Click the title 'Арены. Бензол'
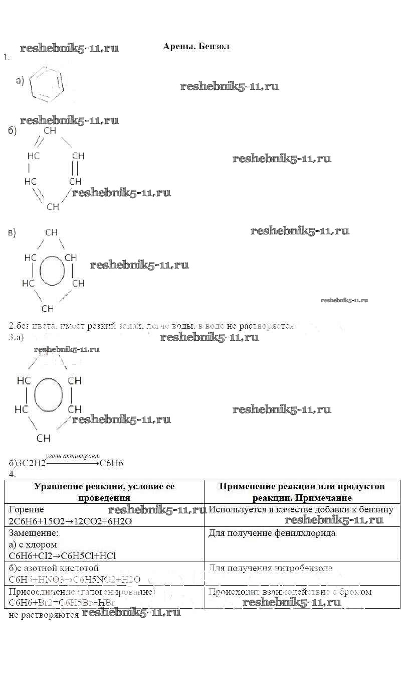[x=196, y=46]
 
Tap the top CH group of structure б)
[x=50, y=130]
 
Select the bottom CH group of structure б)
[x=53, y=207]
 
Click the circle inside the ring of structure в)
[x=52, y=270]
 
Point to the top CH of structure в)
[x=51, y=232]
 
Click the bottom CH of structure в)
[x=48, y=309]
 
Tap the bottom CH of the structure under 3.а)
[x=44, y=438]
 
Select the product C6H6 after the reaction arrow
[x=111, y=463]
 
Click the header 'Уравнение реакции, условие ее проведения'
[x=104, y=492]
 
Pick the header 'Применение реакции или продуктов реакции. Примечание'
[x=302, y=492]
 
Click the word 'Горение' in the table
[x=26, y=509]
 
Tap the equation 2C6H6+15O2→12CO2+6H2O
[x=70, y=521]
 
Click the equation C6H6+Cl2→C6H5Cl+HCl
[x=62, y=556]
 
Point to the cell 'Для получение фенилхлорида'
[x=272, y=533]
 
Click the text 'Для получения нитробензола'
[x=270, y=568]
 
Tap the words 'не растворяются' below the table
[x=44, y=614]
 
